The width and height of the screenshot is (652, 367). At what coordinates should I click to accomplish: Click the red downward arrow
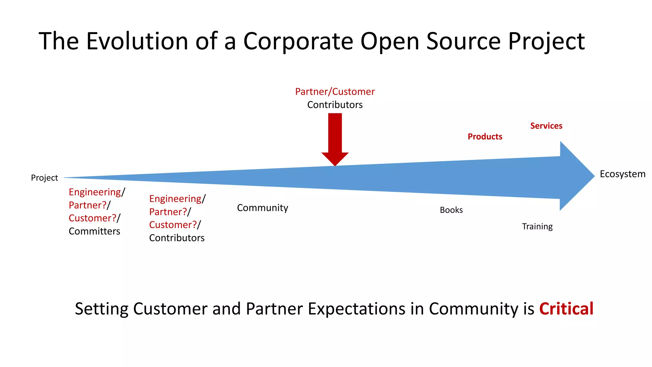click(x=335, y=137)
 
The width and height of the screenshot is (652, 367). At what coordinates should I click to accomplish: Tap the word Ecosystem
click(x=622, y=174)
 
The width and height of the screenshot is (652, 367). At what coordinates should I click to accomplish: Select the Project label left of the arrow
click(x=44, y=178)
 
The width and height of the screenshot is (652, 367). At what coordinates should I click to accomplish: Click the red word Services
click(x=546, y=126)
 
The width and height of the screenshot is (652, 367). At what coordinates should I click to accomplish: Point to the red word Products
click(x=485, y=137)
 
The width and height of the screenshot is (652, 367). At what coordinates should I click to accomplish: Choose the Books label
click(x=451, y=210)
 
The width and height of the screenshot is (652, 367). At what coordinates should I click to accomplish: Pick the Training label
click(x=537, y=227)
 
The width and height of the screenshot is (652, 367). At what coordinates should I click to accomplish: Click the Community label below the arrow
click(x=262, y=208)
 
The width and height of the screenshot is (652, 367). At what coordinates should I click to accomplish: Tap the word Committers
click(x=94, y=231)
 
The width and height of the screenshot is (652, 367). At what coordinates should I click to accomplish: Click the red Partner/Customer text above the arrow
click(x=335, y=92)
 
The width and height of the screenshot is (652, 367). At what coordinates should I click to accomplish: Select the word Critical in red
click(x=566, y=309)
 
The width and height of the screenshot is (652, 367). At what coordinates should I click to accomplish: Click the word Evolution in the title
click(x=137, y=41)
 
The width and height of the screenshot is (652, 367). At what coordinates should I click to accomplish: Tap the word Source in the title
click(x=463, y=41)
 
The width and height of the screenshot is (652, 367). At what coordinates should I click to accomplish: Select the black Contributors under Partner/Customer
click(x=335, y=105)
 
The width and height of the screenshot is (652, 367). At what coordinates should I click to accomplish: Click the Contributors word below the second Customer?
click(x=177, y=238)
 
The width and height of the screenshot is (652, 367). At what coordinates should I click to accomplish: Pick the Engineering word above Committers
click(x=95, y=192)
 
